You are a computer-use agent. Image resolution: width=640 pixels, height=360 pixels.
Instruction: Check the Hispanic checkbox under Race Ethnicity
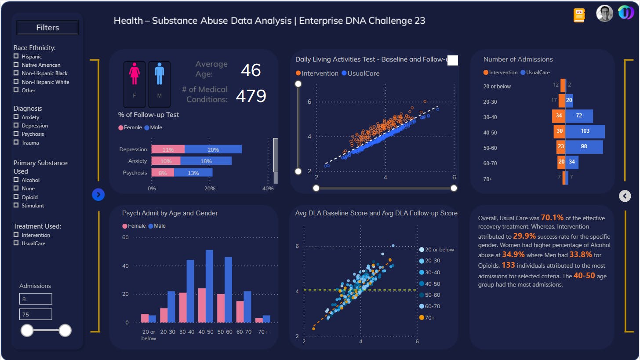[16, 56]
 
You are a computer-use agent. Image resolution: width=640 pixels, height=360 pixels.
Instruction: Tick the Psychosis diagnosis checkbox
[16, 134]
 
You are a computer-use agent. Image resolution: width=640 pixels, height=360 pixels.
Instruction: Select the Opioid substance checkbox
[16, 197]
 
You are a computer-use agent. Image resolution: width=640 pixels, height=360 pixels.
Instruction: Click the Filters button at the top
[47, 28]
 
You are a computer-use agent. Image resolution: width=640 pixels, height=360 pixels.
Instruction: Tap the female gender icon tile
[135, 84]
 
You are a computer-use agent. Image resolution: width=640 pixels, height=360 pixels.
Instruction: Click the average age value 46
[251, 70]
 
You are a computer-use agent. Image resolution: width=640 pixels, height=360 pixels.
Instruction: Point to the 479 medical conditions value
[251, 96]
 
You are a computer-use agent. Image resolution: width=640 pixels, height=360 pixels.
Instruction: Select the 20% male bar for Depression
[213, 149]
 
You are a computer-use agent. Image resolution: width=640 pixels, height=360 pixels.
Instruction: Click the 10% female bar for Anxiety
[166, 161]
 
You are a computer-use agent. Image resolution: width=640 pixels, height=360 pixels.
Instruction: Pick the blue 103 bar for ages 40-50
[585, 131]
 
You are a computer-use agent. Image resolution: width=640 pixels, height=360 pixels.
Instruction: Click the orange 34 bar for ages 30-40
[559, 116]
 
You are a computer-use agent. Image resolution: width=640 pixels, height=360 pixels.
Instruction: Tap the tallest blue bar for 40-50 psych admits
[209, 286]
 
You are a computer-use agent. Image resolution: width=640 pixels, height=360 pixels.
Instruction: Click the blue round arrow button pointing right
[98, 194]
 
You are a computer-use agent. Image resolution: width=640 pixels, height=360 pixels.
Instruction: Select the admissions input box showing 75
[36, 314]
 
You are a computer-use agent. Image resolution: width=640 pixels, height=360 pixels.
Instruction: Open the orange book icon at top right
[579, 15]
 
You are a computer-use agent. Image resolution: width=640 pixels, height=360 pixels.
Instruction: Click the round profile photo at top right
[604, 13]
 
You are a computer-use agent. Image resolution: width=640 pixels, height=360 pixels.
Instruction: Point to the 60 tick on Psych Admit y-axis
[125, 237]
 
